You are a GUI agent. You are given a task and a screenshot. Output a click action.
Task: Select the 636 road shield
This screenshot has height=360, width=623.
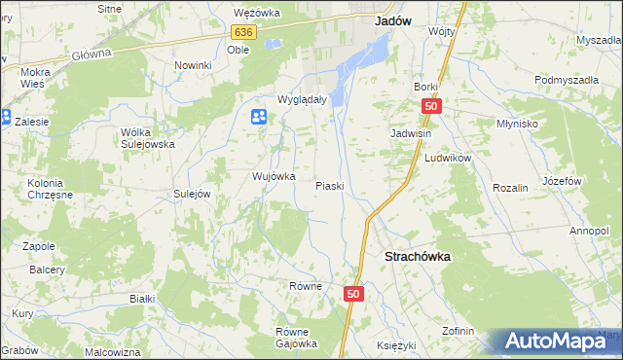243,32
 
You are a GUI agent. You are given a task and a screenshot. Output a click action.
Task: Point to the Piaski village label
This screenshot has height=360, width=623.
329,186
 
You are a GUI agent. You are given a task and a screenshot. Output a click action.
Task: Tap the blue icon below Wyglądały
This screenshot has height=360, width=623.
259,118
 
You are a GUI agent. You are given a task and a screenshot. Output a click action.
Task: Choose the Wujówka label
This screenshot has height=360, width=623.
274,176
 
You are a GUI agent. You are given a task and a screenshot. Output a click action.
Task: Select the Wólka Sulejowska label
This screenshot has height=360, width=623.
148,137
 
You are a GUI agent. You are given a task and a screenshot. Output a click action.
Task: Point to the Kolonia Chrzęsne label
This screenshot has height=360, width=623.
46,189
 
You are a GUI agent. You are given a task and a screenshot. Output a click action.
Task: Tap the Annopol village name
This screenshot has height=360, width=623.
589,231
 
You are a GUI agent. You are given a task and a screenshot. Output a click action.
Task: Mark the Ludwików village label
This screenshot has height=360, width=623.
448,158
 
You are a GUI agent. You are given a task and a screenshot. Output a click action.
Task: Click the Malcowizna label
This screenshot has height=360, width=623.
113,351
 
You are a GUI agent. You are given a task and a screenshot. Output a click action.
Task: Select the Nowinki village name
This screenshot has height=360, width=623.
193,65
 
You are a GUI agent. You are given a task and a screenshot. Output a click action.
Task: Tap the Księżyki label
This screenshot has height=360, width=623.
395,346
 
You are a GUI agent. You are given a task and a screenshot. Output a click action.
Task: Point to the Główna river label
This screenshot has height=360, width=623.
92,54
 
